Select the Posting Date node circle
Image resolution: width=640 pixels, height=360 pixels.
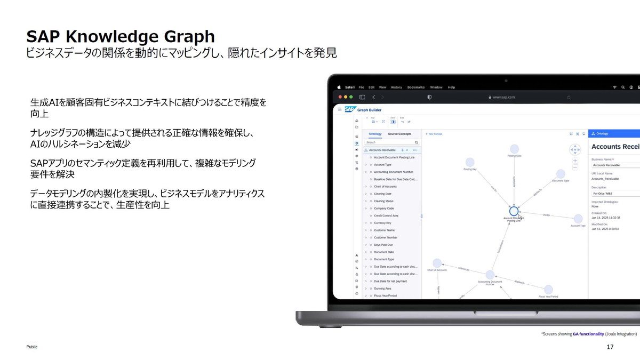pos(514,149)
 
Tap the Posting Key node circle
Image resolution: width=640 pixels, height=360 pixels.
pos(470,162)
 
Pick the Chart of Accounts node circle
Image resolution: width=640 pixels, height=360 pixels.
pos(437,263)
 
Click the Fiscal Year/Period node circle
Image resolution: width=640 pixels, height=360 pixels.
pos(548,289)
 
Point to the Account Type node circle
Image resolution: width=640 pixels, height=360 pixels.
pos(578,219)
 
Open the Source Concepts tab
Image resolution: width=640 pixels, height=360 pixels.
pos(399,134)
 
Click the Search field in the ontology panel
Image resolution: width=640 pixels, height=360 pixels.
pos(392,142)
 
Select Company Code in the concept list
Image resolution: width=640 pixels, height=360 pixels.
pos(384,209)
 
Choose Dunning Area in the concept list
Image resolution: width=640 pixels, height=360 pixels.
pos(382,289)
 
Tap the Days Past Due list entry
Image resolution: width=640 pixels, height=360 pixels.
pos(384,245)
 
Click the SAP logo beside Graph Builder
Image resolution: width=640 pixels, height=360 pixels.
pos(350,110)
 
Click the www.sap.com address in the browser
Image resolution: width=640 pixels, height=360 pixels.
pos(503,98)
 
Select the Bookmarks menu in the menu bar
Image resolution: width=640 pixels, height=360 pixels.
pos(415,87)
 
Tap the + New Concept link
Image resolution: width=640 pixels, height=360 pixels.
pos(434,134)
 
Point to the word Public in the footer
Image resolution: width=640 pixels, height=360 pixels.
pos(33,347)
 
